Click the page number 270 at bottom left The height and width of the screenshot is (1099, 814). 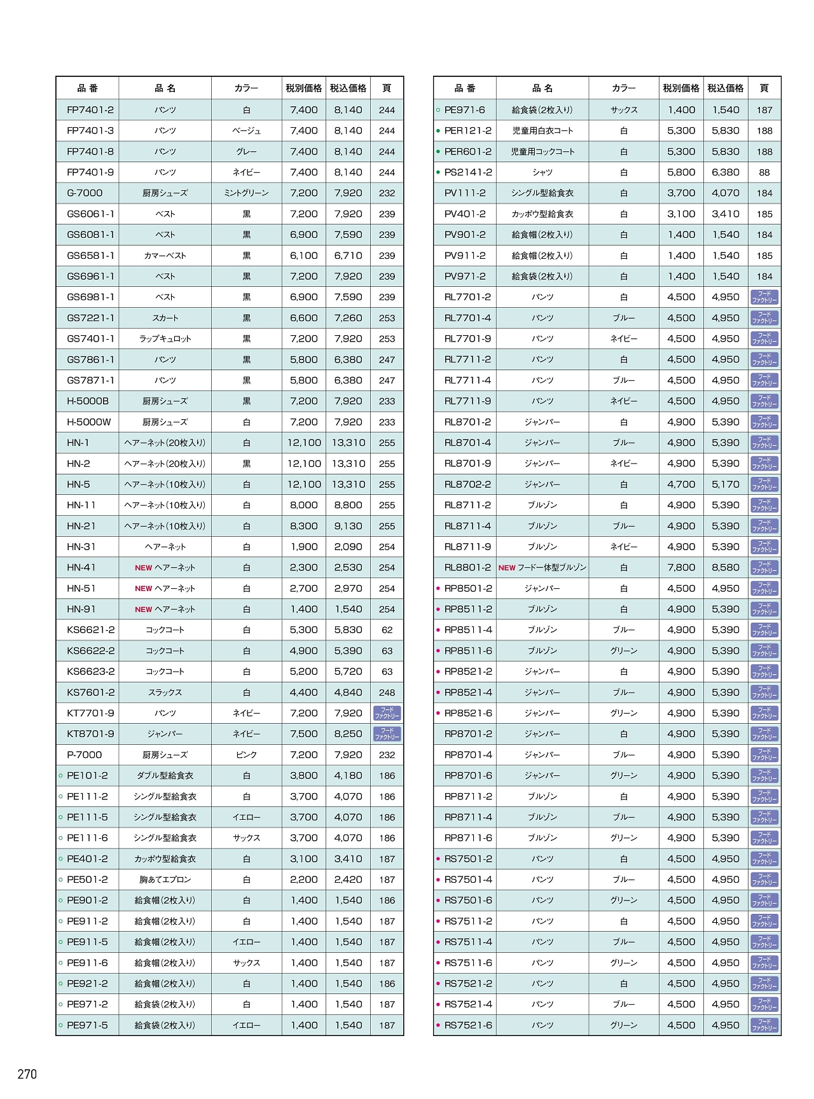27,1074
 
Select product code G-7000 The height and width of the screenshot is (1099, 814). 85,193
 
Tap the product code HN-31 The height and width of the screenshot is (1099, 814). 81,547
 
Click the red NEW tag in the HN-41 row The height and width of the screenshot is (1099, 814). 143,568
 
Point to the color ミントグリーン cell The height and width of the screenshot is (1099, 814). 247,193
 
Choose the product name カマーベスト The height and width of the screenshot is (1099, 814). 165,256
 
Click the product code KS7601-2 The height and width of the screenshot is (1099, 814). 91,693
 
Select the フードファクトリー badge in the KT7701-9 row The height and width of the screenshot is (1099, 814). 387,714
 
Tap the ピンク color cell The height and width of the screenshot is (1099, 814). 247,755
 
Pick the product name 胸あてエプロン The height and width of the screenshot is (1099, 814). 165,880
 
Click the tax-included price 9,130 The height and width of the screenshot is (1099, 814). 348,526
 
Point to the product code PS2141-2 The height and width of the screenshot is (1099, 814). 468,172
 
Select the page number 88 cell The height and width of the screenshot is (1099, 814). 764,172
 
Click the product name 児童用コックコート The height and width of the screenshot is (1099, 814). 542,151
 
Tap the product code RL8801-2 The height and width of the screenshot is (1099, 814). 468,567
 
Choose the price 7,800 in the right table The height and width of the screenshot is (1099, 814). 681,567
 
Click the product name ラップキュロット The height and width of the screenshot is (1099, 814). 165,339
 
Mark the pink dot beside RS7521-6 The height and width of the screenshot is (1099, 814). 438,1025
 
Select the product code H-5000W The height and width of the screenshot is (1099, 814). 89,422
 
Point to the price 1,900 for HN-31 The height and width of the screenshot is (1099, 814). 304,547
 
